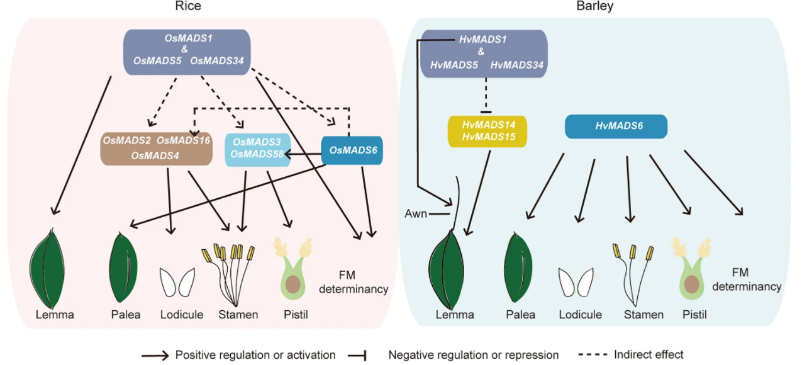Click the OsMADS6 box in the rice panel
pos(352,150)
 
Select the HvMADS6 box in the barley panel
pos(616,126)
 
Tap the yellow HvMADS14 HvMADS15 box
pos(487,131)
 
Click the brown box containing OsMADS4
pos(156,149)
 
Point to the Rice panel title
pos(188,6)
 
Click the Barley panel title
pos(594,6)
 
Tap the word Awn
pos(416,214)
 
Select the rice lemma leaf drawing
pos(47,268)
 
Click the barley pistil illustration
pos(691,269)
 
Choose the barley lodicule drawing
pos(576,282)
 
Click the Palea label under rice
pos(126,315)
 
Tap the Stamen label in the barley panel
pos(643,315)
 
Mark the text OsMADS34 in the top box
pos(217,61)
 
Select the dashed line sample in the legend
pos(593,354)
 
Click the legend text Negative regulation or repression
pos(473,355)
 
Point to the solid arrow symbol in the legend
pos(155,356)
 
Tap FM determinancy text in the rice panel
pos(354,282)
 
